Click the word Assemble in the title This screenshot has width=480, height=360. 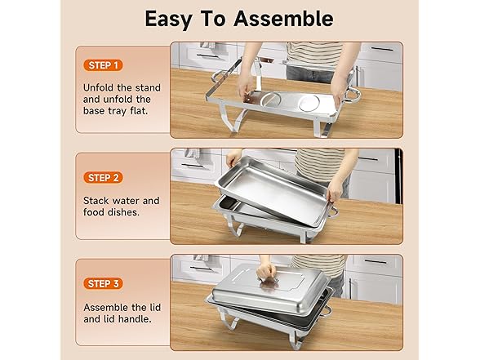[283, 19]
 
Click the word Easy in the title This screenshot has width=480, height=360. [168, 20]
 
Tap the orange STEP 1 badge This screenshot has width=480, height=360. [103, 65]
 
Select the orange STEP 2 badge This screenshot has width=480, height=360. [103, 178]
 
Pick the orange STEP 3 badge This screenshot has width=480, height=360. [103, 284]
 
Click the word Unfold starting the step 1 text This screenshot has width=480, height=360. [98, 88]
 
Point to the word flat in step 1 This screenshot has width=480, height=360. [139, 110]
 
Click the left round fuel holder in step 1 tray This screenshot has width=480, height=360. [270, 100]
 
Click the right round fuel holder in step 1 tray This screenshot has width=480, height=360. [309, 103]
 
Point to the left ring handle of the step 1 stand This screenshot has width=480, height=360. [218, 76]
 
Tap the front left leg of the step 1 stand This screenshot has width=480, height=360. [232, 118]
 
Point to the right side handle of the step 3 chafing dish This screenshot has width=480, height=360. [327, 311]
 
